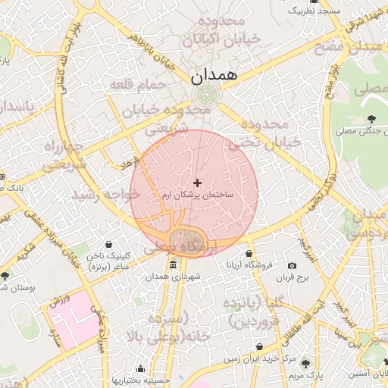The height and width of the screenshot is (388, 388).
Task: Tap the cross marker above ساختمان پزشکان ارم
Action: point(198,183)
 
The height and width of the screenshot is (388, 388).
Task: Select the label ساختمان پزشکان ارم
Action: point(198,196)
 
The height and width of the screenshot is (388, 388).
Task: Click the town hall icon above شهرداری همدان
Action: point(174,265)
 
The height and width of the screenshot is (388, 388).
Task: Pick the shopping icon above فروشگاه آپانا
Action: point(249,253)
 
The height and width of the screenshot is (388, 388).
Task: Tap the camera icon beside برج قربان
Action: point(293,265)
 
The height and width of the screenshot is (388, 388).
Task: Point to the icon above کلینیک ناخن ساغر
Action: point(111,245)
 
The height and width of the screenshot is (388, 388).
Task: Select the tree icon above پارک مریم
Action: point(306,364)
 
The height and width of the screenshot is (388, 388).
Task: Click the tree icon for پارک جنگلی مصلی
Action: point(371,118)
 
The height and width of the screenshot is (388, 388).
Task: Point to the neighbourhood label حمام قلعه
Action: point(137,84)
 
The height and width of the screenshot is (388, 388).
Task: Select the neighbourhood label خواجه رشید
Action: point(96,195)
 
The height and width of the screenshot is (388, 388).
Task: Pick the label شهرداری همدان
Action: point(174,278)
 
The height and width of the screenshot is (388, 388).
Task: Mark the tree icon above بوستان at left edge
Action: point(5,275)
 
